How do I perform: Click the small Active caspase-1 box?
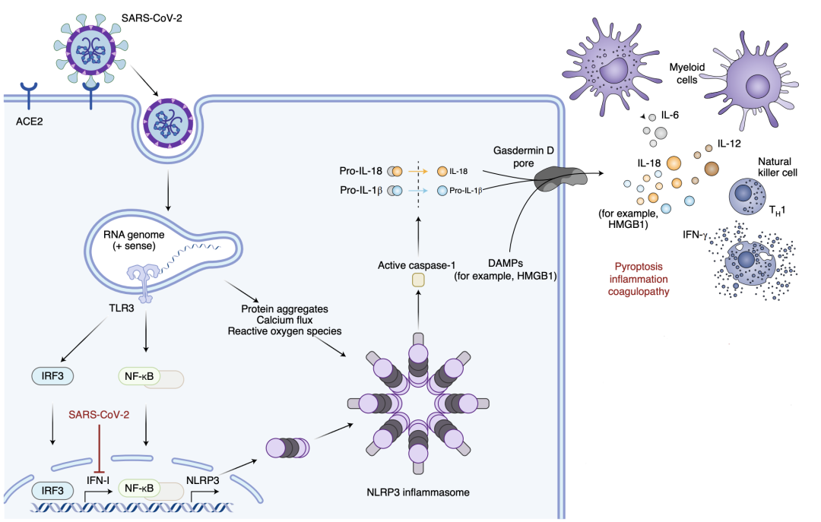[x=418, y=280]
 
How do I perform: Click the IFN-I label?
[x=98, y=481]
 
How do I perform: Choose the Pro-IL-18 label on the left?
[x=363, y=172]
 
